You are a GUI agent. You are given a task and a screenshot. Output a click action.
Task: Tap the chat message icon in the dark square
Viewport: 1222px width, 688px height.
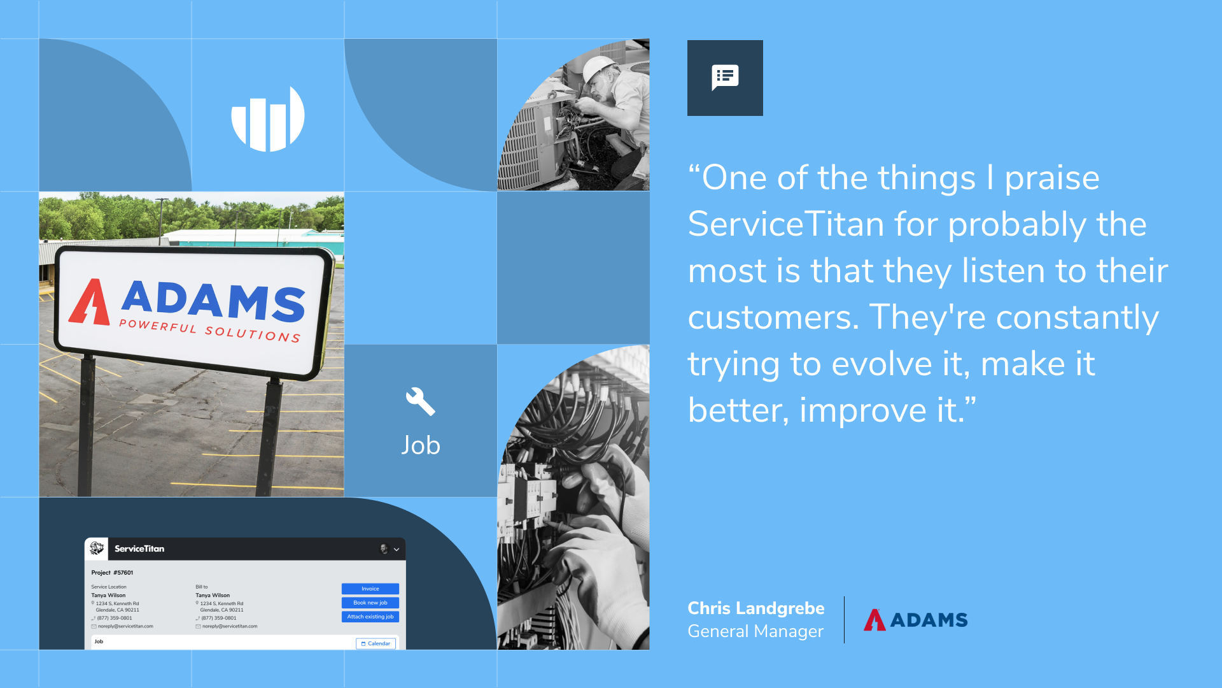(x=725, y=78)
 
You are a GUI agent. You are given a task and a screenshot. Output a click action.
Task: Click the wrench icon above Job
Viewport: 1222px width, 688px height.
(x=421, y=401)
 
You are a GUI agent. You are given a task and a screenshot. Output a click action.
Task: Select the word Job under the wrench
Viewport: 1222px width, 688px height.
(x=421, y=445)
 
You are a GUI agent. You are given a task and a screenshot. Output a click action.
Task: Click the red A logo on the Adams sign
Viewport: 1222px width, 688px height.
(x=90, y=302)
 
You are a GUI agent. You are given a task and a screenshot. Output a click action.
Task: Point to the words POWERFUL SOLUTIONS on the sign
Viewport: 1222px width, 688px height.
(x=210, y=331)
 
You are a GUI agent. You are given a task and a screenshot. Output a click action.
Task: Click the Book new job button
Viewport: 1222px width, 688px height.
(x=370, y=603)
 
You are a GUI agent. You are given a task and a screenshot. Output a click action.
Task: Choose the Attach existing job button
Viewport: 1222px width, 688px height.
(x=370, y=617)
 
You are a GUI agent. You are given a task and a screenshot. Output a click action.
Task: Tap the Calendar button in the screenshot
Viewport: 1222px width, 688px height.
(x=376, y=643)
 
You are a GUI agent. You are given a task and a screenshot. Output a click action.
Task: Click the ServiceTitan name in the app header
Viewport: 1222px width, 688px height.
(x=139, y=548)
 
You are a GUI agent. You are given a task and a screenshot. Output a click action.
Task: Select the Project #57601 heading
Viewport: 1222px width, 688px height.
(x=112, y=573)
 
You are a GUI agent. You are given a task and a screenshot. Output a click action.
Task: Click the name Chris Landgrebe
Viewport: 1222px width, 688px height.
(x=755, y=608)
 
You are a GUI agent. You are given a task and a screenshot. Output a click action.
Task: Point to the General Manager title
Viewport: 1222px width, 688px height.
(x=755, y=631)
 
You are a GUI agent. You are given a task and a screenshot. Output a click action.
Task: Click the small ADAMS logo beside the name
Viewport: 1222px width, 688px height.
(x=915, y=620)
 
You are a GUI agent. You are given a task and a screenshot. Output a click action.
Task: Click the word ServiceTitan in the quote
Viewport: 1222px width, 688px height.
(x=786, y=224)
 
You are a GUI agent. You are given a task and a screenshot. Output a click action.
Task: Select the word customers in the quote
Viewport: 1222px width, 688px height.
(x=773, y=317)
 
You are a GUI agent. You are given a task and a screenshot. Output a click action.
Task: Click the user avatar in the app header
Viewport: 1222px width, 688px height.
(x=384, y=548)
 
